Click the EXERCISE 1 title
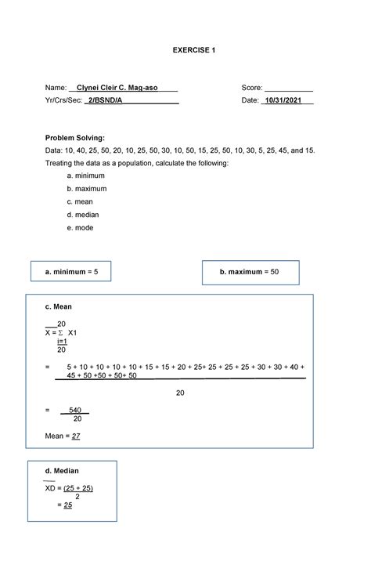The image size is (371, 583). (x=193, y=50)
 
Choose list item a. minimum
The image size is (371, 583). (x=86, y=176)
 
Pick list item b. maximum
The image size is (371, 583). (x=87, y=189)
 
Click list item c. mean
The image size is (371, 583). (x=81, y=201)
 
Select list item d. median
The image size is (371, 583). (x=84, y=214)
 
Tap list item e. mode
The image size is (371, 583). (x=81, y=227)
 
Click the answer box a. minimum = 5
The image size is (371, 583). (x=71, y=271)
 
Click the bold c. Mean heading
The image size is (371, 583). (x=59, y=307)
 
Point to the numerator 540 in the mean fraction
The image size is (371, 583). (x=75, y=410)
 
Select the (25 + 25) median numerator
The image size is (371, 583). (x=77, y=488)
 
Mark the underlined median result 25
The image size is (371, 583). (x=68, y=505)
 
